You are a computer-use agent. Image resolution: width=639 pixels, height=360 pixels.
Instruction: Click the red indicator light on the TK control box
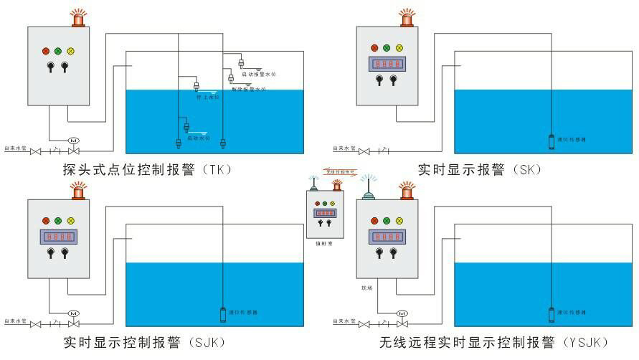pos(46,51)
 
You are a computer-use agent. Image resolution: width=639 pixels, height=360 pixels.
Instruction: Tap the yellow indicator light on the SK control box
pos(399,48)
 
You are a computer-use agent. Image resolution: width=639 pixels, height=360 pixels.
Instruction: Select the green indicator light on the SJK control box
pos(58,220)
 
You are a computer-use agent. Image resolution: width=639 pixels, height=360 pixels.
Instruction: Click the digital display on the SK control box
pos(387,65)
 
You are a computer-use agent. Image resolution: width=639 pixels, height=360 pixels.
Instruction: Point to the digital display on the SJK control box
pos(58,236)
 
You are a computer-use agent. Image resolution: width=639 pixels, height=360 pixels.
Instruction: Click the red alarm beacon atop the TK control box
pos(77,18)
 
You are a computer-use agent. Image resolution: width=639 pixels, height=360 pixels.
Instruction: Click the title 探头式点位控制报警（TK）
pos(148,170)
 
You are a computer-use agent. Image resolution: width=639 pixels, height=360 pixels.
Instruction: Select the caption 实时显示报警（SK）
pos(480,170)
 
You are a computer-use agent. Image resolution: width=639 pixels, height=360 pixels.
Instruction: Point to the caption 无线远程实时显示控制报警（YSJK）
pos(495,341)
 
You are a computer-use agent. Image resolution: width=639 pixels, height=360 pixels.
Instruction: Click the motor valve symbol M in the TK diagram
pos(72,140)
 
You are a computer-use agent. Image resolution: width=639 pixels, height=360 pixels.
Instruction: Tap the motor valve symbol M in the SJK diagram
pos(72,313)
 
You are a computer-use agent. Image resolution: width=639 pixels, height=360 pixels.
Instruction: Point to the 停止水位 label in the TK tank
pos(207,97)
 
